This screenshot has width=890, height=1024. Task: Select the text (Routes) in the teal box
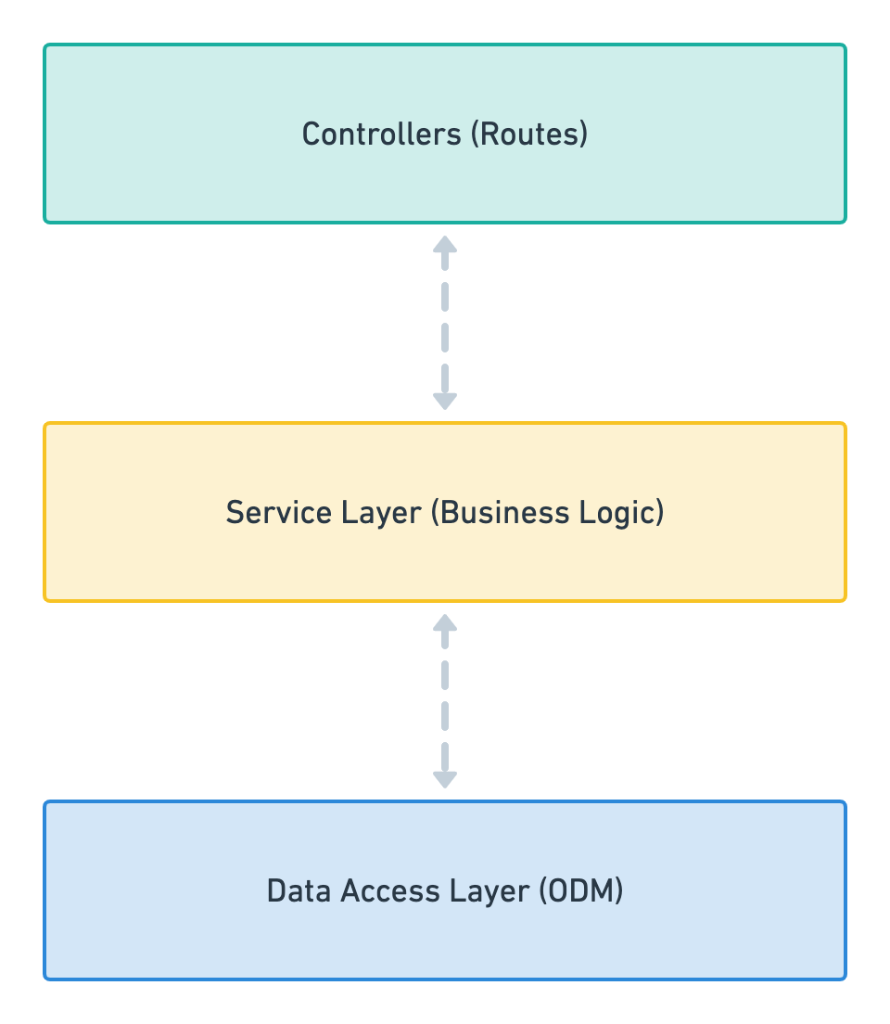pyautogui.click(x=528, y=134)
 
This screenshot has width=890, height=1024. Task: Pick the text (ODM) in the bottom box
pyautogui.click(x=580, y=890)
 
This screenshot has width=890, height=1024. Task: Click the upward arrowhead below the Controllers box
pyautogui.click(x=445, y=245)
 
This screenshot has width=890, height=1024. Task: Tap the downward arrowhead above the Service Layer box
pyautogui.click(x=445, y=401)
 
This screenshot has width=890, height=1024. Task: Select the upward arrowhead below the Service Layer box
pyautogui.click(x=445, y=623)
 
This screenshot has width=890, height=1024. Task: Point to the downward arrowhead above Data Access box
pyautogui.click(x=445, y=779)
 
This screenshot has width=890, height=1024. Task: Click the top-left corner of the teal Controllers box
pyautogui.click(x=45, y=45)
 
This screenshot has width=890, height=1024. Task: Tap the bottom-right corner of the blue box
pyautogui.click(x=845, y=978)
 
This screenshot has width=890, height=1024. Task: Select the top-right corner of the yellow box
pyautogui.click(x=845, y=425)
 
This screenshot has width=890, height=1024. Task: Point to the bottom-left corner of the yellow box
pyautogui.click(x=45, y=599)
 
